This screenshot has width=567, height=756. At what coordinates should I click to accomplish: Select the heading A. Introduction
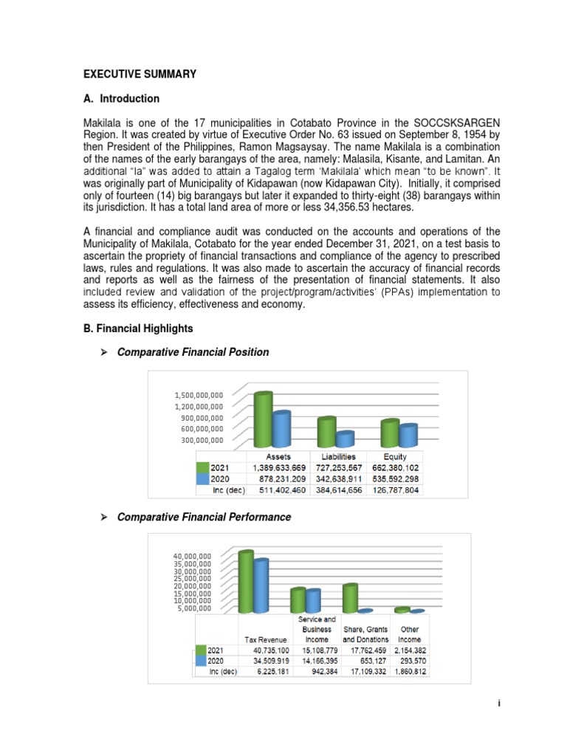(120, 98)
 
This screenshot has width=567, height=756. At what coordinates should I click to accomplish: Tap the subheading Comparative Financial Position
(193, 352)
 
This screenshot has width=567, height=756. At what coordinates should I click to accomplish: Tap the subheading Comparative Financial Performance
(205, 517)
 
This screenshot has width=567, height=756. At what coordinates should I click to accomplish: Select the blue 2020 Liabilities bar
(345, 439)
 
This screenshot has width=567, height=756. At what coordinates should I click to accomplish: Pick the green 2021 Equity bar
(390, 433)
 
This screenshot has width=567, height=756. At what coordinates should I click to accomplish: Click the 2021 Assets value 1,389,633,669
(279, 467)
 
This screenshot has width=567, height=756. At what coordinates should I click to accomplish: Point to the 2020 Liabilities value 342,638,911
(336, 478)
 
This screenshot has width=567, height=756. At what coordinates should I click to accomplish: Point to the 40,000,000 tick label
(193, 556)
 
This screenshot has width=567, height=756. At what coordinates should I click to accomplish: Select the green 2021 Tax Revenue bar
(246, 581)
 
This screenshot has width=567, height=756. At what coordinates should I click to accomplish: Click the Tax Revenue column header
(262, 639)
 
